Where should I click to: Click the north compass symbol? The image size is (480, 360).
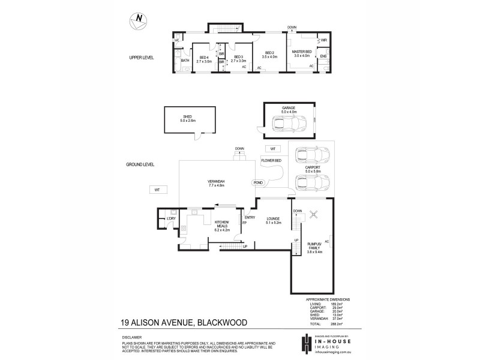(137, 20)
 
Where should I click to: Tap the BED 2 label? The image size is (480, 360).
(268, 55)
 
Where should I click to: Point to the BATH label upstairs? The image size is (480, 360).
(185, 60)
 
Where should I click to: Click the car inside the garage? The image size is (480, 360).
(289, 124)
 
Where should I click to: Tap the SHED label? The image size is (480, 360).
(183, 119)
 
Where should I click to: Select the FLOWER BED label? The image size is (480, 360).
(271, 160)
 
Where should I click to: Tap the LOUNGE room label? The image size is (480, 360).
(274, 221)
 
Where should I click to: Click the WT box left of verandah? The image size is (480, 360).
(157, 190)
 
